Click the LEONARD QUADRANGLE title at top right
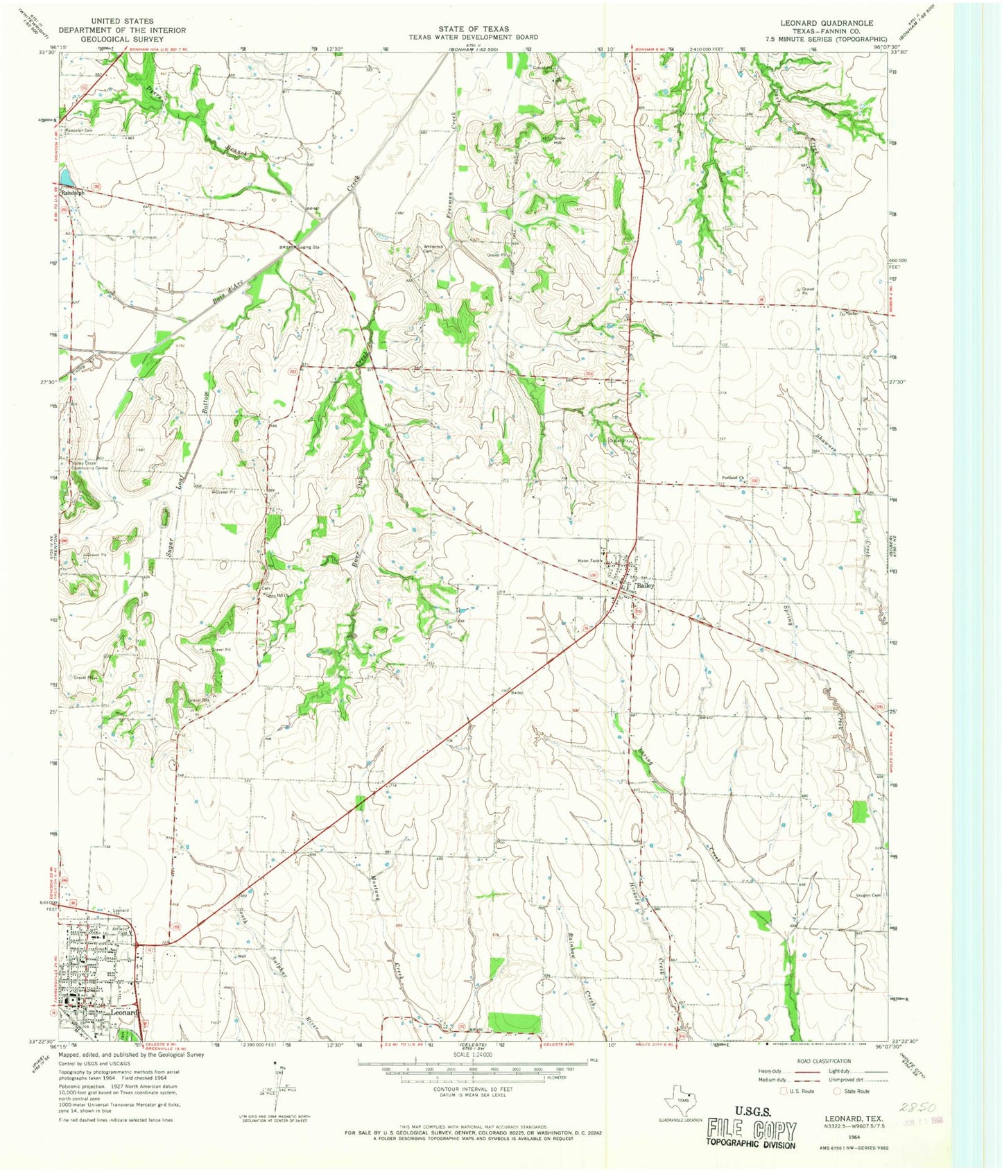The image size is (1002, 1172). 827,23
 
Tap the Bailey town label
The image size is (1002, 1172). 645,586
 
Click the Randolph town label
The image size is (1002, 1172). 73,193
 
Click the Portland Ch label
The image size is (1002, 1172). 732,478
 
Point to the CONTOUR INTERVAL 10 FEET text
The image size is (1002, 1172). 472,1089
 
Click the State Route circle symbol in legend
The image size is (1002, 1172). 838,1091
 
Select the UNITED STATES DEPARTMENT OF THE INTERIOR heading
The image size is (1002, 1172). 122,31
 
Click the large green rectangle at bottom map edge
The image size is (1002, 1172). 514,1022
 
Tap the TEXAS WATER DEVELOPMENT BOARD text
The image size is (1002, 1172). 473,37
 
